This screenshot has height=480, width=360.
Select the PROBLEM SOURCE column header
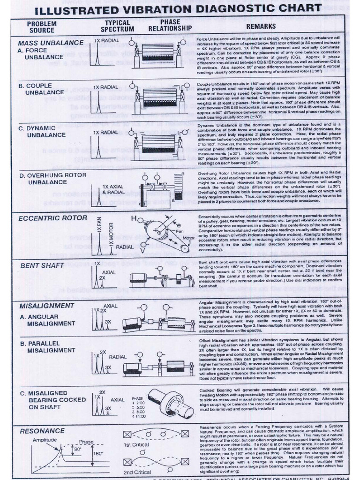42,27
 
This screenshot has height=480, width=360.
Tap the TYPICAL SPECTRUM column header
117,26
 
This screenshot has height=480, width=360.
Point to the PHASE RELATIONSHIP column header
170,25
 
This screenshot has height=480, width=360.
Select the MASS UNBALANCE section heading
51,43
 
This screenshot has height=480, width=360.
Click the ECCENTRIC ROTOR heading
52,218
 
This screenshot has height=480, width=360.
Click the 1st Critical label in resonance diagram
136,444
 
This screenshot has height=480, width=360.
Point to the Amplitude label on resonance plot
45,440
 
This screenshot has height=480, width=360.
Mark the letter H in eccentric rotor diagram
134,218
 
